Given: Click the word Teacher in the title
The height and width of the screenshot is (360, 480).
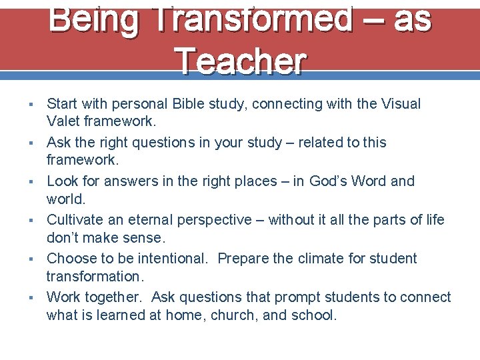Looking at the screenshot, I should point(240,61).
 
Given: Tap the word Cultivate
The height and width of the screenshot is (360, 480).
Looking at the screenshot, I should point(74,220).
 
